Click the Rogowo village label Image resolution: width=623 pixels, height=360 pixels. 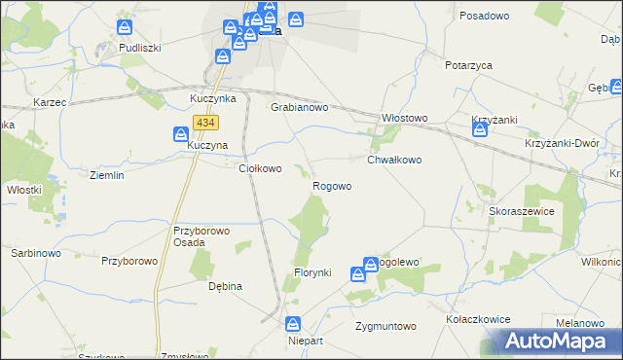[x=331, y=185]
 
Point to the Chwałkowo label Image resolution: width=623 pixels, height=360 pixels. [x=393, y=160]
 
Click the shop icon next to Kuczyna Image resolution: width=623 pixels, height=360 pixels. [x=181, y=134]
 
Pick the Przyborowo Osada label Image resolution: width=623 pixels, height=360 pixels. [x=200, y=236]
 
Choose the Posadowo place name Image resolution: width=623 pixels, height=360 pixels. [x=485, y=17]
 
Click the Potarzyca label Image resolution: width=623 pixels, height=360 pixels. [x=468, y=64]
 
